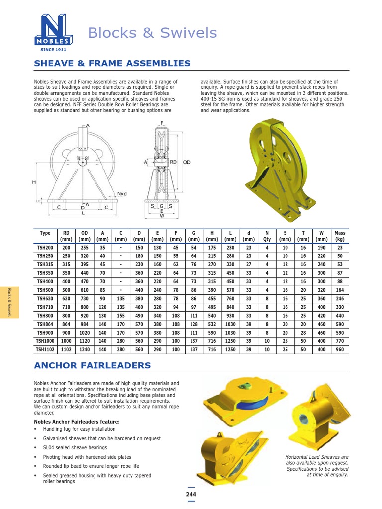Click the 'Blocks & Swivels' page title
click(152, 33)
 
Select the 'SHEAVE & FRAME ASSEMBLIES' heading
click(112, 63)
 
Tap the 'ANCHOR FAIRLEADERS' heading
click(92, 365)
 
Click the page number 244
click(191, 494)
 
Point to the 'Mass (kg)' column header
click(340, 236)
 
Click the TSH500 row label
click(45, 290)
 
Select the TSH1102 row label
click(45, 349)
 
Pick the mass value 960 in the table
click(340, 349)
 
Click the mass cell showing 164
click(340, 290)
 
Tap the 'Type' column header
click(45, 233)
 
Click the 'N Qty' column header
click(267, 236)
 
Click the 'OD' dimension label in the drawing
click(187, 162)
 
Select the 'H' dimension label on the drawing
click(34, 182)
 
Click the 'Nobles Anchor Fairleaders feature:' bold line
click(77, 421)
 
